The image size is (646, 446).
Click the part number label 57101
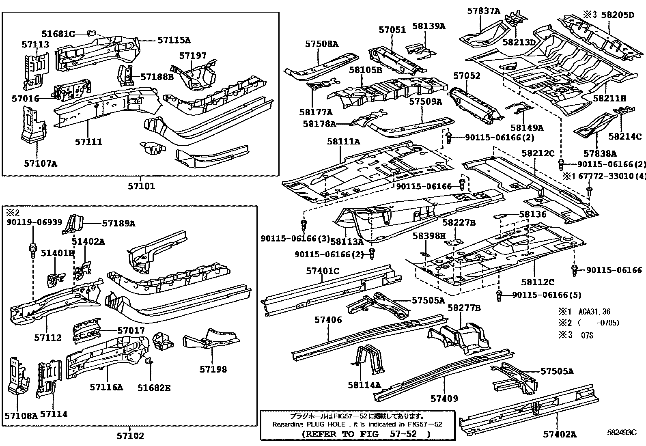(141, 187)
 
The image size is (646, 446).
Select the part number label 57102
(130, 436)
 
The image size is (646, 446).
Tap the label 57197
(193, 56)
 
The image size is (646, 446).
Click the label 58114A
(364, 384)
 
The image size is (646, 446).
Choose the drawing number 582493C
(621, 433)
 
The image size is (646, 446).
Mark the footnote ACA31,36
(595, 312)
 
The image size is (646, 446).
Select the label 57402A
(560, 434)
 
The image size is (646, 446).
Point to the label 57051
(392, 30)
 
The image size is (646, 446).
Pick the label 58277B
(464, 308)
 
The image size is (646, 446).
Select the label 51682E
(154, 388)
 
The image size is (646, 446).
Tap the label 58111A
(343, 142)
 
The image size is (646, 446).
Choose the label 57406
(328, 320)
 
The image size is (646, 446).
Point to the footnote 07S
(587, 336)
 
